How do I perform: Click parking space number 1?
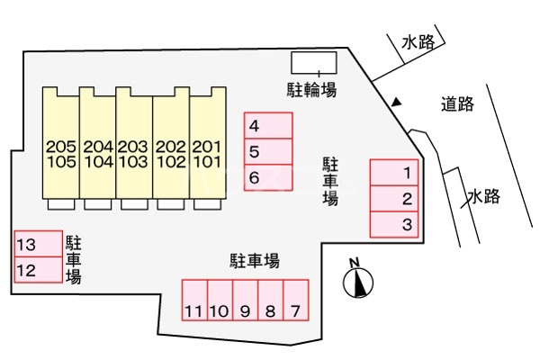pyautogui.click(x=397, y=173)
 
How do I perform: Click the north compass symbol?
pyautogui.click(x=357, y=280)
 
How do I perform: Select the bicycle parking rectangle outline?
pyautogui.click(x=314, y=62)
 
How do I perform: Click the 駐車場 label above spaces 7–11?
pyautogui.click(x=254, y=262)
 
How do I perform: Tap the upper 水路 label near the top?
pyautogui.click(x=418, y=42)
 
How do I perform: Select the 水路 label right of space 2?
pyautogui.click(x=483, y=197)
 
